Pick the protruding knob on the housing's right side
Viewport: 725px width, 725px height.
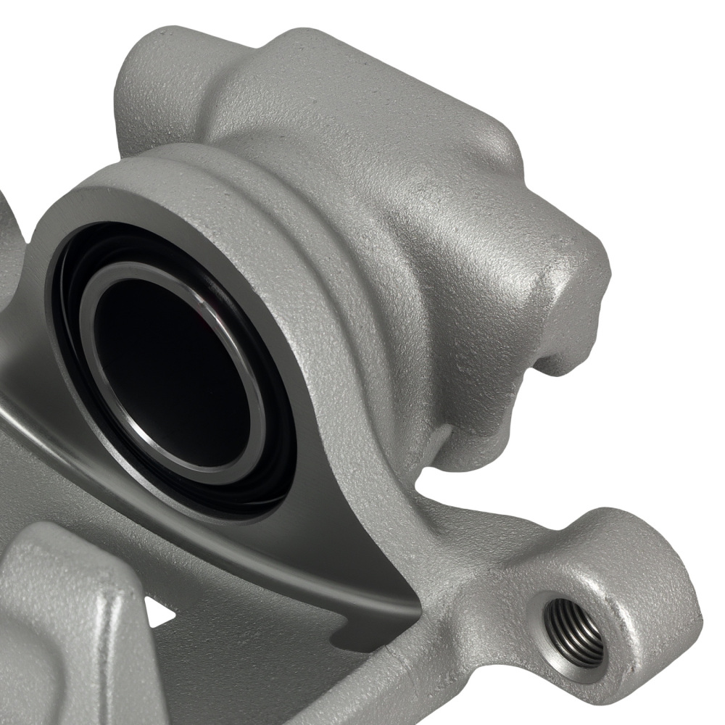pyautogui.click(x=573, y=290)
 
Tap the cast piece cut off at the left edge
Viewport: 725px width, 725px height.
pyautogui.click(x=9, y=239)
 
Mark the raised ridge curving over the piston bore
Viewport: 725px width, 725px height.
pyautogui.click(x=304, y=217)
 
